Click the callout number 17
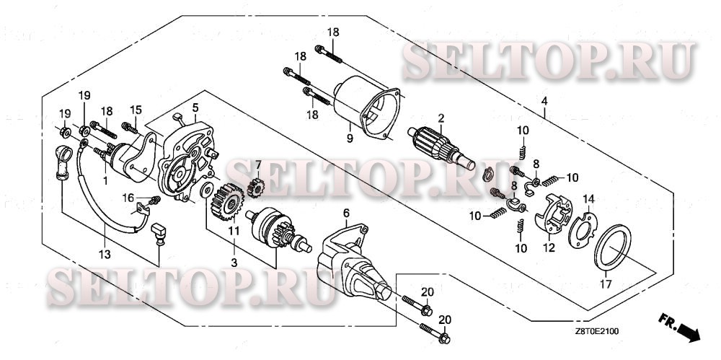pyautogui.click(x=604, y=284)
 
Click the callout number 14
pyautogui.click(x=588, y=199)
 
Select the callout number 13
pyautogui.click(x=105, y=253)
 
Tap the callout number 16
pyautogui.click(x=127, y=198)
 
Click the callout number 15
pyautogui.click(x=133, y=110)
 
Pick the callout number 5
pyautogui.click(x=195, y=108)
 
